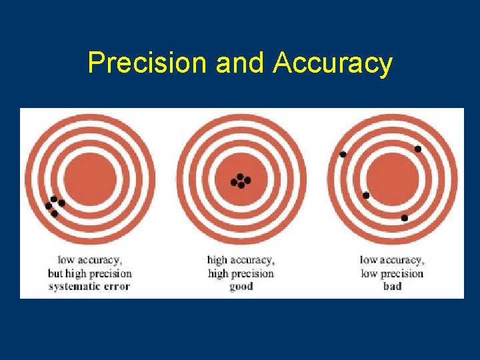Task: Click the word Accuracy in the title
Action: [x=332, y=64]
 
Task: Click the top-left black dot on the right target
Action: [x=343, y=155]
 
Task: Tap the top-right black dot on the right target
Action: [x=418, y=149]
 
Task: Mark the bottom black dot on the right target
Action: [x=404, y=218]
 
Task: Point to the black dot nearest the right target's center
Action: [x=366, y=195]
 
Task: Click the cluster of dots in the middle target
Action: [x=240, y=181]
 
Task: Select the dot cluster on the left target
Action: [x=54, y=206]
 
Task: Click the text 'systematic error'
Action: [x=89, y=287]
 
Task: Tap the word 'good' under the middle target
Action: [x=240, y=287]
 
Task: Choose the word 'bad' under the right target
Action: [x=392, y=287]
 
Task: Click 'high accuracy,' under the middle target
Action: [x=240, y=260]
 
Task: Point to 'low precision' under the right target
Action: [x=392, y=273]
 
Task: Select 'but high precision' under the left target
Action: [x=89, y=273]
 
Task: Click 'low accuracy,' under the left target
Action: [x=89, y=260]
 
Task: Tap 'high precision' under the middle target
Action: [x=240, y=273]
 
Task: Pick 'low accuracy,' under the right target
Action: [x=392, y=260]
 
